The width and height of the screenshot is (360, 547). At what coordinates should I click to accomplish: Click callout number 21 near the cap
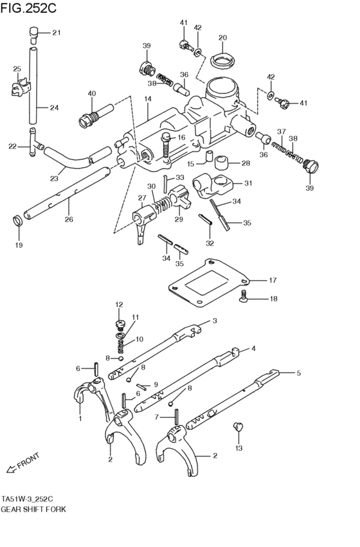click(56, 33)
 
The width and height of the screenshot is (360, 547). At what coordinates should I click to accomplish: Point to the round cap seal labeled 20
click(222, 62)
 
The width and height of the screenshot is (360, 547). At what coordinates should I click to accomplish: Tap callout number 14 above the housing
click(147, 99)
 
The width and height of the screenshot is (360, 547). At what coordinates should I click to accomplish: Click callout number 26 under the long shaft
click(68, 219)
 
